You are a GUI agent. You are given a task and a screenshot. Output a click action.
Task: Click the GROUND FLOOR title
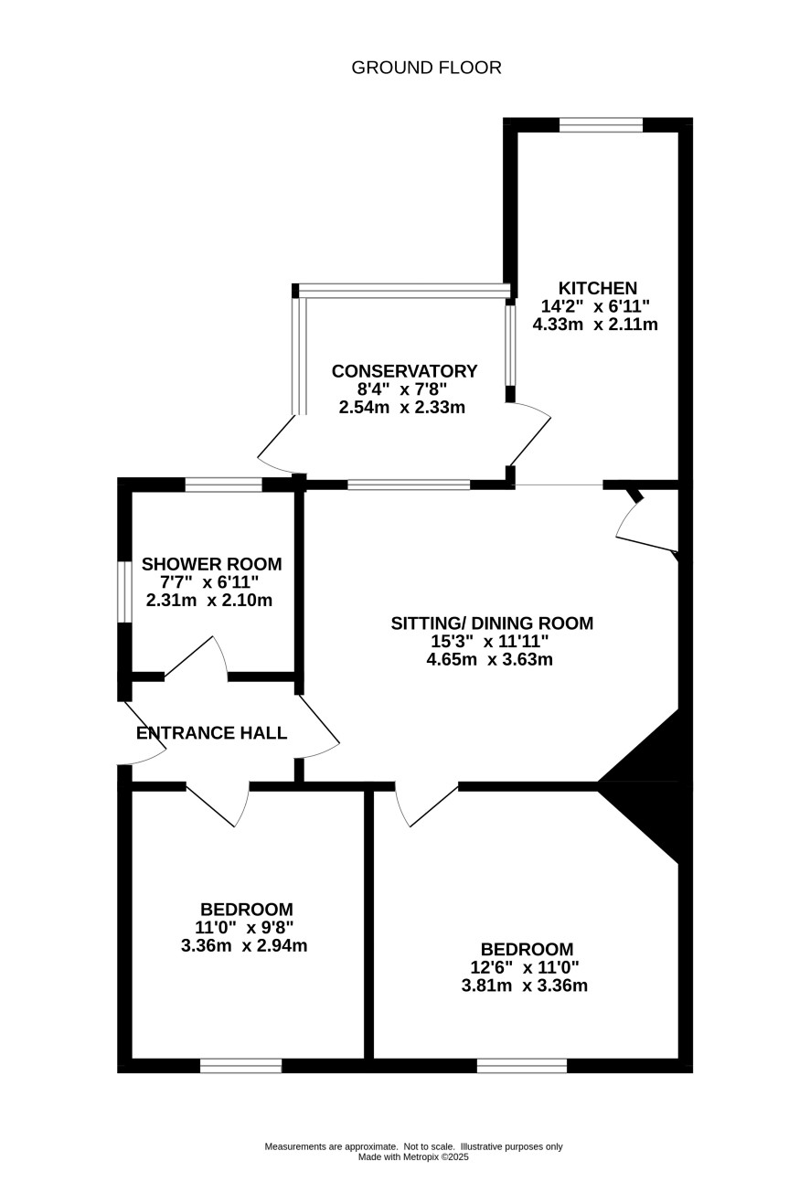[x=426, y=68]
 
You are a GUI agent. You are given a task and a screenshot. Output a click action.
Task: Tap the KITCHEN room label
[x=598, y=288]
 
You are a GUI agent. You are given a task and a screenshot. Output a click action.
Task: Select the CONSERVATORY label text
[x=405, y=371]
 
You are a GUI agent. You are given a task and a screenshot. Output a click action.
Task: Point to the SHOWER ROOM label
[x=212, y=564]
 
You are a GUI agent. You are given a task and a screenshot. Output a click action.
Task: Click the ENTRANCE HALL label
[x=212, y=733]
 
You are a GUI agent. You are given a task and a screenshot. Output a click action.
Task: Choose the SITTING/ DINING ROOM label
[x=492, y=623]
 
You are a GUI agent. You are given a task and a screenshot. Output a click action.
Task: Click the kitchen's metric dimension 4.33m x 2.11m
[x=595, y=325]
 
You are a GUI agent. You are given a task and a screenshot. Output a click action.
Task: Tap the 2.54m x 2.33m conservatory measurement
[x=402, y=408]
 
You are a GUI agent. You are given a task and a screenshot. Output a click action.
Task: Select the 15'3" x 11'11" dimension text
[x=489, y=641]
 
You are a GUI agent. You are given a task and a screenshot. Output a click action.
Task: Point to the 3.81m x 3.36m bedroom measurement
[x=525, y=986]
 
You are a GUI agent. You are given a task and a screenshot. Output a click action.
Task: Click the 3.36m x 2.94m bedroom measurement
[x=244, y=945]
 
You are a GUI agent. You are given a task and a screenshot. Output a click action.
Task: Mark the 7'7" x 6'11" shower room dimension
[x=209, y=582]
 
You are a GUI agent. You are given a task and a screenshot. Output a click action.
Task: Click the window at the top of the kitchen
[x=601, y=124]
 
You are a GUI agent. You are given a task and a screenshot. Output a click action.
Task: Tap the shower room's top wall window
[x=224, y=485]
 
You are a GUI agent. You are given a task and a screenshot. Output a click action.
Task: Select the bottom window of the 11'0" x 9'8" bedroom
[x=241, y=1066]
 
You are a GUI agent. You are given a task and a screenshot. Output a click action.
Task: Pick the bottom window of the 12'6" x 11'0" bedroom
[x=522, y=1066]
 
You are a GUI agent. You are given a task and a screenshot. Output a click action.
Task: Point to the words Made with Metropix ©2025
[x=413, y=1157]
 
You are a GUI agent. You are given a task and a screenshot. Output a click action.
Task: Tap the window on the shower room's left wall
[x=124, y=592]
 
